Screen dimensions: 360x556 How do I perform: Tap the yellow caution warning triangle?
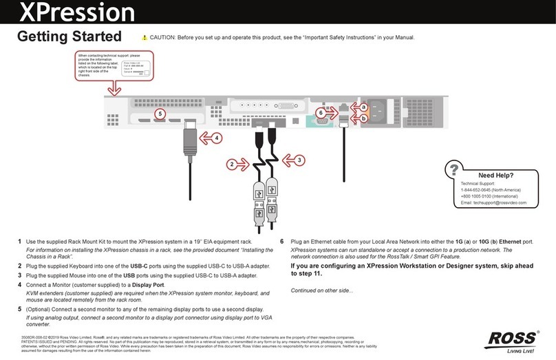(145, 37)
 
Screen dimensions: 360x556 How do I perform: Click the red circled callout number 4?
(217, 138)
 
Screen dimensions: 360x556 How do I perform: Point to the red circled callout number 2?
(233, 165)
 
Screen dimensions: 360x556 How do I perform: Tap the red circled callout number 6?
(320, 112)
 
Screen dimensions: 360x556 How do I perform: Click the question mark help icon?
(453, 169)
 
